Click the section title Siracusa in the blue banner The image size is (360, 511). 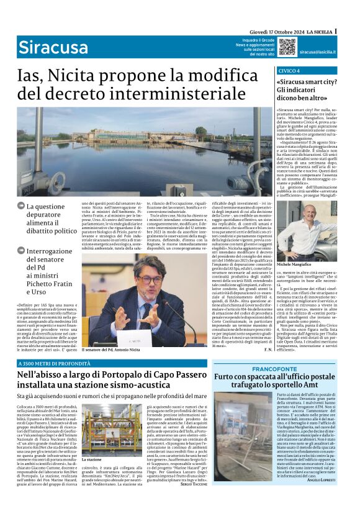(44, 47)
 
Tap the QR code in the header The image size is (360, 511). (286, 46)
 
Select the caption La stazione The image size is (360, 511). (92, 476)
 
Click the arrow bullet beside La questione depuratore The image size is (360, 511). (20, 206)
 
